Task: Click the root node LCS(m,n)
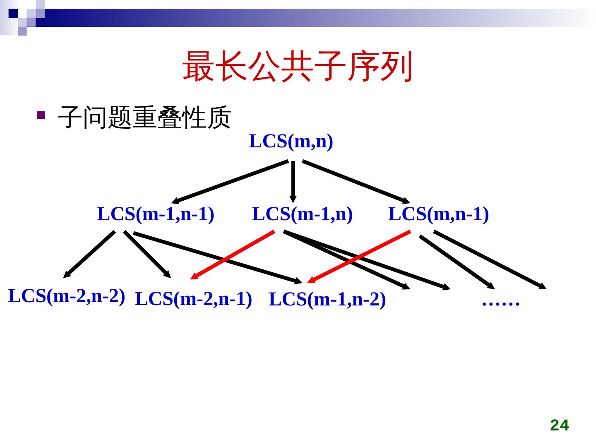point(291,142)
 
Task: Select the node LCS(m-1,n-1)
point(156,214)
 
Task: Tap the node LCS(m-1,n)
point(302,214)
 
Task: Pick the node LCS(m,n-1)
point(438,214)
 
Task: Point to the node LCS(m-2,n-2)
point(67,296)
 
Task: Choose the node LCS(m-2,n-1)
point(193,299)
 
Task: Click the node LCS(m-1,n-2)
point(327,300)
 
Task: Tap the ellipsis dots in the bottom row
point(500,303)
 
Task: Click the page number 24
point(559,425)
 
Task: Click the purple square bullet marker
point(41,115)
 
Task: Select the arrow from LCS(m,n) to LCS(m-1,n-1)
point(230,182)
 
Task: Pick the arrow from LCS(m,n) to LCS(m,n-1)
point(356,181)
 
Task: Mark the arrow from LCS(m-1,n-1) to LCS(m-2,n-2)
point(89,254)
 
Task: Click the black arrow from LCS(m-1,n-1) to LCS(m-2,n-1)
point(147,254)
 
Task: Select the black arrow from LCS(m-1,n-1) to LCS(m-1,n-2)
point(217,257)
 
